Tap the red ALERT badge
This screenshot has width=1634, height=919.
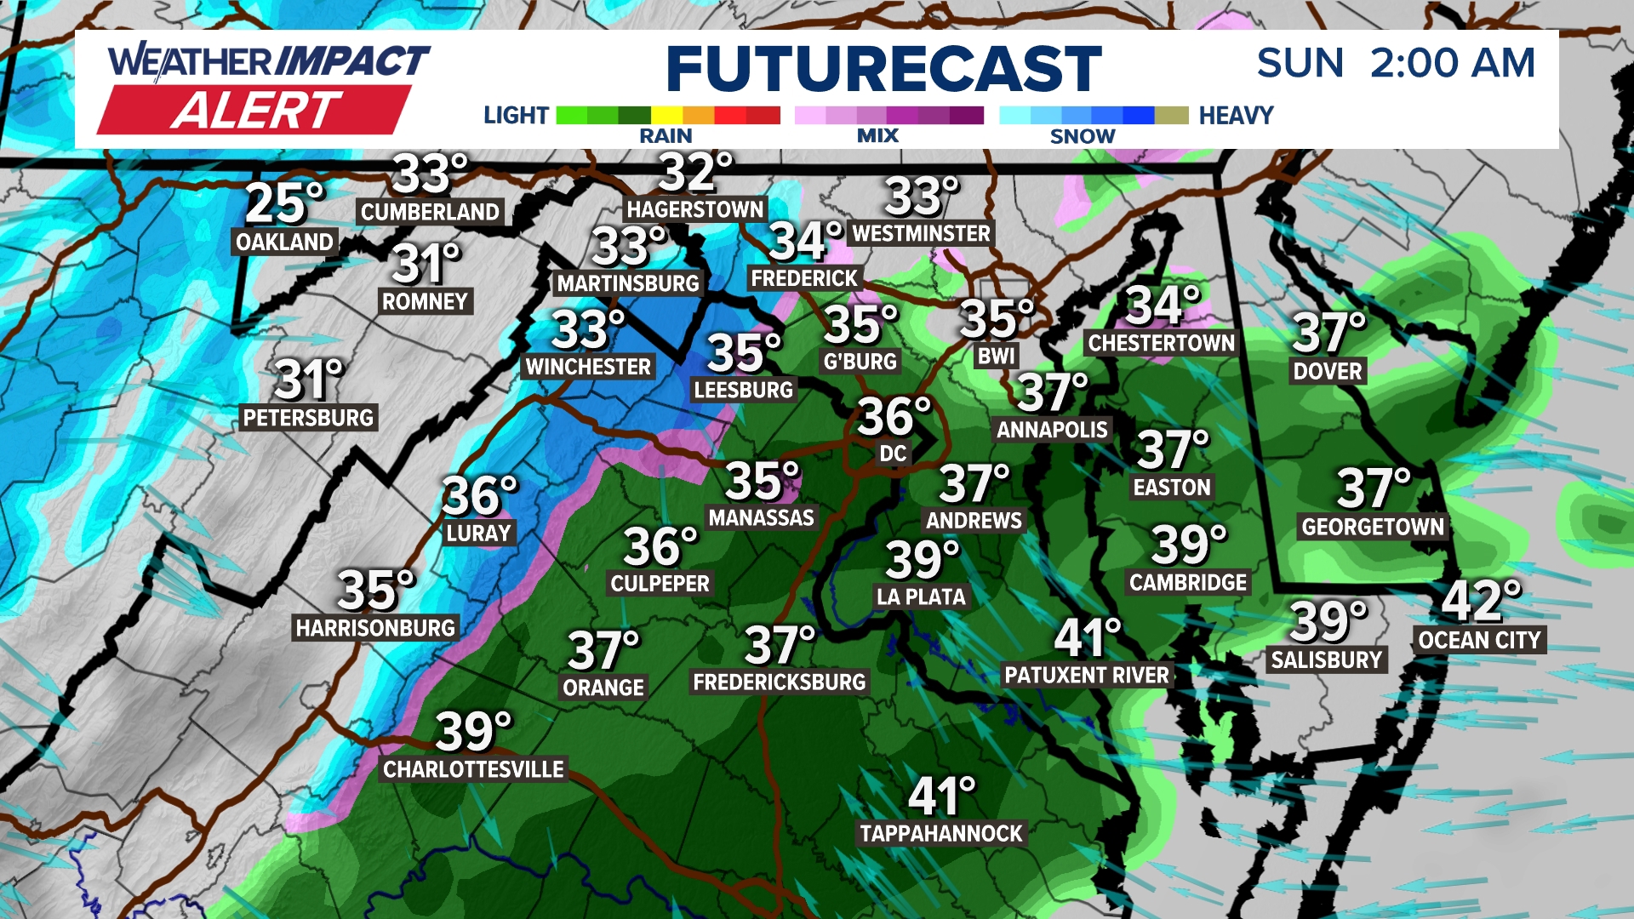(x=255, y=111)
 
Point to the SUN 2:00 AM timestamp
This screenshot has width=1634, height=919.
(x=1396, y=63)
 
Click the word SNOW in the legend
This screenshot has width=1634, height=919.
(x=1082, y=136)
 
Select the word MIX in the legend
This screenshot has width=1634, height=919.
(x=877, y=136)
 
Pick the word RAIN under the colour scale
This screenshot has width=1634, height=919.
(x=666, y=136)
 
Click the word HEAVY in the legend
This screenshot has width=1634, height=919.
(x=1236, y=115)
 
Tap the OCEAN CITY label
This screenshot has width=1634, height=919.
(x=1479, y=640)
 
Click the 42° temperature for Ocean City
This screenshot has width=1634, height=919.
(x=1481, y=602)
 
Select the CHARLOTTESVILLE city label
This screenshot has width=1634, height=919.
(x=473, y=769)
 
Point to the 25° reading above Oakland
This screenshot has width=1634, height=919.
(x=284, y=203)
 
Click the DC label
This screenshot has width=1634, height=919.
(x=893, y=454)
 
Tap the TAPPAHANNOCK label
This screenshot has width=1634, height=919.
(x=941, y=833)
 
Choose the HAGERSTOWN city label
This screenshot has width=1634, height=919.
(x=695, y=209)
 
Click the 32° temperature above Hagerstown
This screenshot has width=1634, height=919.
(x=694, y=172)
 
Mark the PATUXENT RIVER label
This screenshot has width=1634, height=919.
(x=1087, y=676)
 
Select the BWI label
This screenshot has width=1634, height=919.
(x=996, y=356)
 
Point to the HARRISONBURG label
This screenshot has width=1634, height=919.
(x=375, y=628)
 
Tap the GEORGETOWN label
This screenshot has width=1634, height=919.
(x=1373, y=527)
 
